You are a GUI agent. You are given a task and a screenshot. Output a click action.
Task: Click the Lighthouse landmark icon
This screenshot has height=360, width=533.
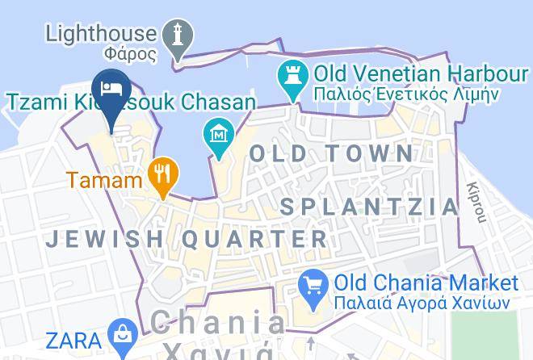[x=179, y=35]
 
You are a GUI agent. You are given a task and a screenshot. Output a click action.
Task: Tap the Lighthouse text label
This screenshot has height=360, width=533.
[x=101, y=33]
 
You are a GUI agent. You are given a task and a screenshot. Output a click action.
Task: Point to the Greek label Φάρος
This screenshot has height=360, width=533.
[x=130, y=55]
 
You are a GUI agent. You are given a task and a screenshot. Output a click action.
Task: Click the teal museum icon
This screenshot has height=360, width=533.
[x=219, y=131]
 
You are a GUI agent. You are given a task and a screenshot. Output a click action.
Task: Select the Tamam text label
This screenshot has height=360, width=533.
[x=104, y=180]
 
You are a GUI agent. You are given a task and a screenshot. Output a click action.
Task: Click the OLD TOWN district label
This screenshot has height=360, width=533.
[x=331, y=153]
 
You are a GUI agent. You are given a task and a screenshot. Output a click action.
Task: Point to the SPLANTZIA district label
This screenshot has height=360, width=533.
[x=369, y=206]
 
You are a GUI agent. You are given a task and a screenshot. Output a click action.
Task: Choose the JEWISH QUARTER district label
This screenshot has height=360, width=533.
[x=187, y=239]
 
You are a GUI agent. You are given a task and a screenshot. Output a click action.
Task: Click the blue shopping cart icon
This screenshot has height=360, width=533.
[x=313, y=285]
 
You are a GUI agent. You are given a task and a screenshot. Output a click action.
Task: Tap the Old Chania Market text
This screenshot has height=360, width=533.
[x=426, y=283]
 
